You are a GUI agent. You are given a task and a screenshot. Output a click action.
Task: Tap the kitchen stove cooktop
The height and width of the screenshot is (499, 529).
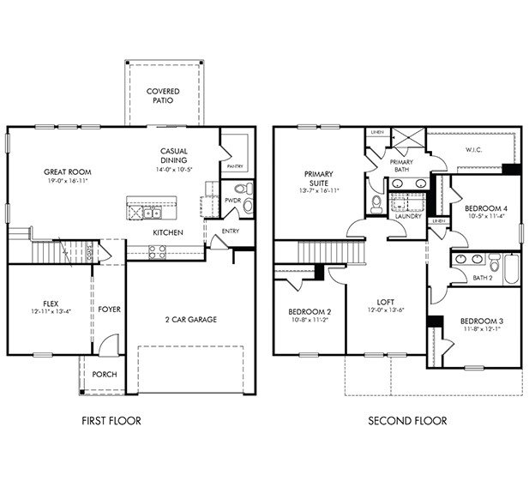pyautogui.click(x=158, y=250)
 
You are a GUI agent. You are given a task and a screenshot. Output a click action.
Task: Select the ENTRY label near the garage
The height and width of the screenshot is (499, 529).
pyautogui.click(x=231, y=231)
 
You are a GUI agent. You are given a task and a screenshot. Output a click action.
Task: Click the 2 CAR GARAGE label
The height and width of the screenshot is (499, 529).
pyautogui.click(x=190, y=320)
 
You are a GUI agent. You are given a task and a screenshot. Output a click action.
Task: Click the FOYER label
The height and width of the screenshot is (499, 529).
pyautogui.click(x=108, y=309)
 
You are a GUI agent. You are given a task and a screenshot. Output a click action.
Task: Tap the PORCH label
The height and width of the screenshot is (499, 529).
pyautogui.click(x=105, y=375)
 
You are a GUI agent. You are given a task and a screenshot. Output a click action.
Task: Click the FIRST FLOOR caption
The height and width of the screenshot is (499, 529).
pyautogui.click(x=111, y=421)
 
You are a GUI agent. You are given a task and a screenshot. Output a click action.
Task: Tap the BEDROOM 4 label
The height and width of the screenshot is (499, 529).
pyautogui.click(x=480, y=208)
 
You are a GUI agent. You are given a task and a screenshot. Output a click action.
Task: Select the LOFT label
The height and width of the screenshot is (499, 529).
pyautogui.click(x=385, y=303)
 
